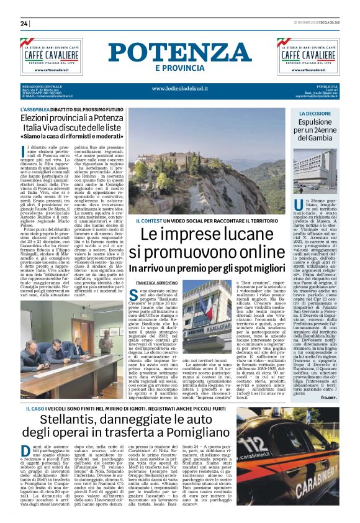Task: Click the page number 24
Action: pos(24,23)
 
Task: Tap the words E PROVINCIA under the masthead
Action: pos(179,68)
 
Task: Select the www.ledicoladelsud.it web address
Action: pos(179,89)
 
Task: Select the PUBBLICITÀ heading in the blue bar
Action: pos(326,86)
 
